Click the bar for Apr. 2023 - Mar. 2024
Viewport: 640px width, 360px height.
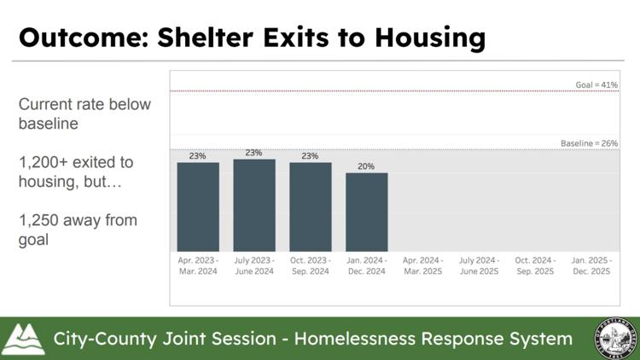pos(198,206)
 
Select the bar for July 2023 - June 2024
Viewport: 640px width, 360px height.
pos(254,204)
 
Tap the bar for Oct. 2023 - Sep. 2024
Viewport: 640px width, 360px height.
pos(311,206)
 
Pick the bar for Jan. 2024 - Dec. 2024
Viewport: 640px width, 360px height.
pos(367,211)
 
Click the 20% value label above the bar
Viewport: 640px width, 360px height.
pos(367,166)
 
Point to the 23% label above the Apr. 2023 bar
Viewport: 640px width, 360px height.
pos(198,156)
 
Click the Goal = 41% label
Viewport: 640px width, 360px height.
pos(596,85)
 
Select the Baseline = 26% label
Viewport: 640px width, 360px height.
pos(589,143)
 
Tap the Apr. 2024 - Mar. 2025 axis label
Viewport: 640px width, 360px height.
pos(422,265)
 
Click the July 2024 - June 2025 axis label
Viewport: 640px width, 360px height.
pos(479,265)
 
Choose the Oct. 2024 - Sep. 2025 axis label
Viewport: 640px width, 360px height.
pos(535,265)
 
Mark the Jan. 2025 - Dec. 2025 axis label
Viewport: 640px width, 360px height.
pos(591,265)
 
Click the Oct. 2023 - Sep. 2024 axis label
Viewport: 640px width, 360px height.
pos(311,265)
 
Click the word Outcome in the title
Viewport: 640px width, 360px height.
pos(84,38)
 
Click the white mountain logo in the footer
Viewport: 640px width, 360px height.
pos(24,339)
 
